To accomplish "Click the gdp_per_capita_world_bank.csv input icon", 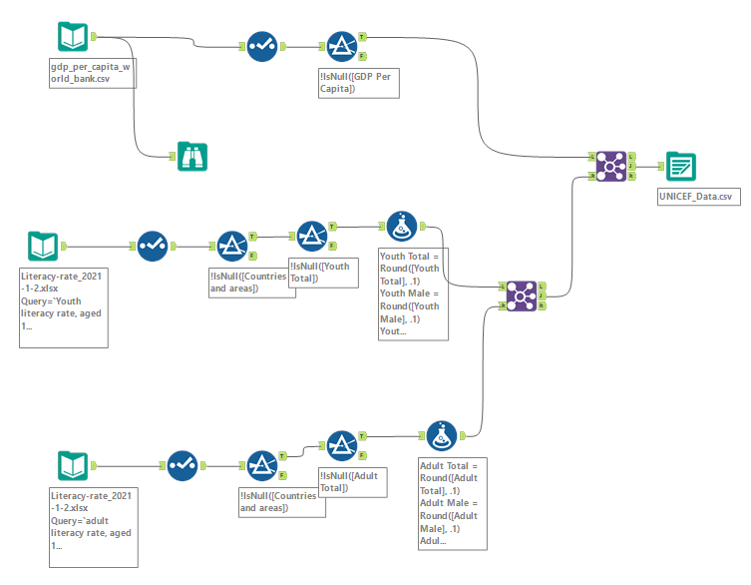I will click(74, 37).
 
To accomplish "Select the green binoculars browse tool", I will click(192, 156).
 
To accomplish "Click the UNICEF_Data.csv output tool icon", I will click(681, 166).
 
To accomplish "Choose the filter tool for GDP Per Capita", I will click(342, 46).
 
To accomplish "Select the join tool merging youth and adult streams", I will click(521, 294).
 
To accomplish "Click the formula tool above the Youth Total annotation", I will click(401, 226).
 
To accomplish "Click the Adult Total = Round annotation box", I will click(453, 503).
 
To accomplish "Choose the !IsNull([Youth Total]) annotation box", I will click(323, 273).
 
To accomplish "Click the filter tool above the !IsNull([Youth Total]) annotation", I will click(311, 236).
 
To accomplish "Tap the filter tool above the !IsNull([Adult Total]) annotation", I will click(341, 445).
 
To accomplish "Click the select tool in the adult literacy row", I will click(182, 465).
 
